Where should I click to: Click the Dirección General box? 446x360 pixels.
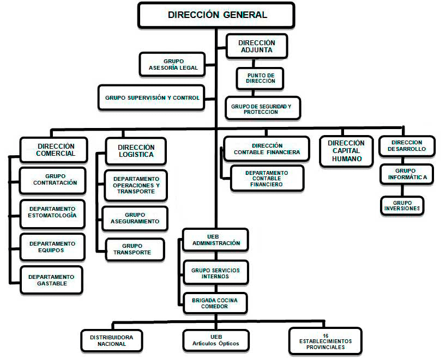tap(216, 15)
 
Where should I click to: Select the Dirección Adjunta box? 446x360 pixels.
tap(257, 46)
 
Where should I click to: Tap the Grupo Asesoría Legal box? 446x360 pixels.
tap(172, 64)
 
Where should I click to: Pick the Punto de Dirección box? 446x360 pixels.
tap(260, 78)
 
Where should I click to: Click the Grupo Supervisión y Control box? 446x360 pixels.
tap(152, 97)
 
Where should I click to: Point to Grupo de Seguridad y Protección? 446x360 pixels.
tap(263, 108)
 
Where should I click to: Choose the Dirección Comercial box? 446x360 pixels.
tap(54, 150)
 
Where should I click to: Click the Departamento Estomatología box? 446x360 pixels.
tap(53, 214)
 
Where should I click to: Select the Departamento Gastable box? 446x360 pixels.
tap(51, 280)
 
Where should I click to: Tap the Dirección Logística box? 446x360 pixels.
tap(136, 151)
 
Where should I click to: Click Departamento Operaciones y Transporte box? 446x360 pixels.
tap(136, 186)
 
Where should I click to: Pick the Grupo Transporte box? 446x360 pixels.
tap(135, 249)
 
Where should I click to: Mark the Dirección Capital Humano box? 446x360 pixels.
tap(346, 151)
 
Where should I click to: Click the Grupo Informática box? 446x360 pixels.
tap(407, 174)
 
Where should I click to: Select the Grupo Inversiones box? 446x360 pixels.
tap(402, 206)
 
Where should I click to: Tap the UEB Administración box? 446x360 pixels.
tap(215, 240)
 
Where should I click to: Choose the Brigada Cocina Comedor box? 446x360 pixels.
tap(215, 303)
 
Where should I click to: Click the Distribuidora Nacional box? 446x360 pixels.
tap(111, 341)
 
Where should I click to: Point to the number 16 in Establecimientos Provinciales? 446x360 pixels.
tap(326, 335)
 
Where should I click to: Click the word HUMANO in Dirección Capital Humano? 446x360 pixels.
tap(347, 158)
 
